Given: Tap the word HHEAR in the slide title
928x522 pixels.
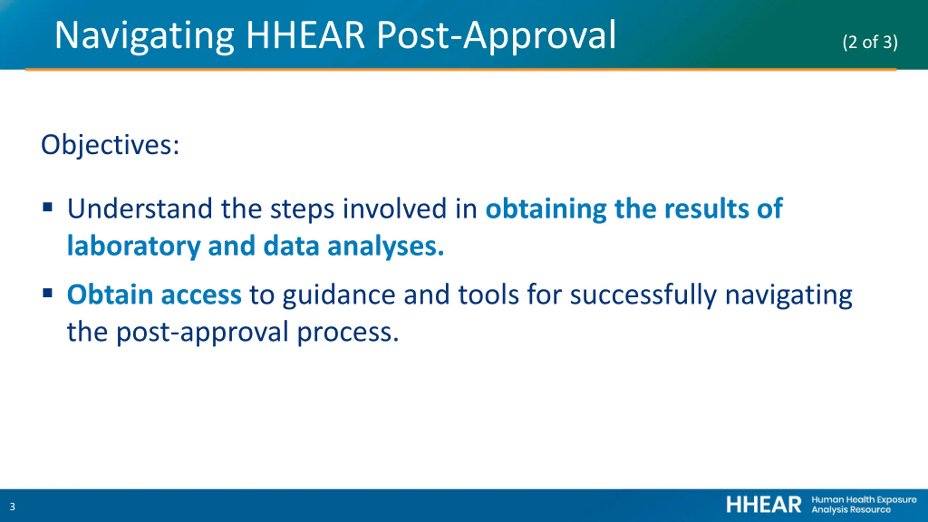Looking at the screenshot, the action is coord(305,35).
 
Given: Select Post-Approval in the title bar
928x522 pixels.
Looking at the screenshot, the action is coord(496,36).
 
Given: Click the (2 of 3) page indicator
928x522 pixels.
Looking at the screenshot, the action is coord(870,42).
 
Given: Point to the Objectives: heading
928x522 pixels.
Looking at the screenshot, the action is coord(110,145).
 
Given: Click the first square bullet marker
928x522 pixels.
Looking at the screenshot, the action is coord(47,207).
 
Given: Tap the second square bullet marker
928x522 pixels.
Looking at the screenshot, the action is coord(47,293).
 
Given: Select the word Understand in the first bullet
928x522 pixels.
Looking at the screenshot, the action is coord(140,209).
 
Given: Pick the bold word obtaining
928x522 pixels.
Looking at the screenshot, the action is coord(546,210).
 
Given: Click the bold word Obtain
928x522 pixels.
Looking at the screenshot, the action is coord(110,294).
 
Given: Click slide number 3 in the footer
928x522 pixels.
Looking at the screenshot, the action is coord(12,507).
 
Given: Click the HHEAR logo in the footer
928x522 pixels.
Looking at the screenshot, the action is coord(821,505).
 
